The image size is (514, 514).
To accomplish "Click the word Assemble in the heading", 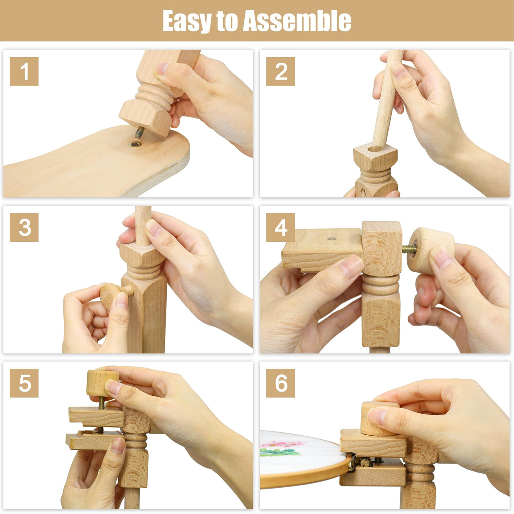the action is point(297,21).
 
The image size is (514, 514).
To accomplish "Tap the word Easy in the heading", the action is point(185,21).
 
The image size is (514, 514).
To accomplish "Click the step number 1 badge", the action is point(24,71).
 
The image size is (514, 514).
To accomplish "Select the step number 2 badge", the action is point(281,71).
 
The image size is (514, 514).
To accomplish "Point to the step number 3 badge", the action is point(24,227).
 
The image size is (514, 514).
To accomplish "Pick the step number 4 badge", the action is point(281,227).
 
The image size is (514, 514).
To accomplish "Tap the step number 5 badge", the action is point(24,383).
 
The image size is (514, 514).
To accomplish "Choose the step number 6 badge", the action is point(281,383).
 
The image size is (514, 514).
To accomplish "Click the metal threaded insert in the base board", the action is point(135,144).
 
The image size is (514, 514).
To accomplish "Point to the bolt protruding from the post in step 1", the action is point(140,132).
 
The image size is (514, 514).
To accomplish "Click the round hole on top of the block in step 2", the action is point(375,149).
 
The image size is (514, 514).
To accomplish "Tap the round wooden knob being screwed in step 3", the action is point(110,296).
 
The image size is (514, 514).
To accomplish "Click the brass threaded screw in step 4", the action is point(409,249).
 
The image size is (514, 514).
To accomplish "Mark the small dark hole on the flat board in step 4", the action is point(332,239).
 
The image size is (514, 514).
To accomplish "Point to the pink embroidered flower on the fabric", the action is point(282,444).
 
